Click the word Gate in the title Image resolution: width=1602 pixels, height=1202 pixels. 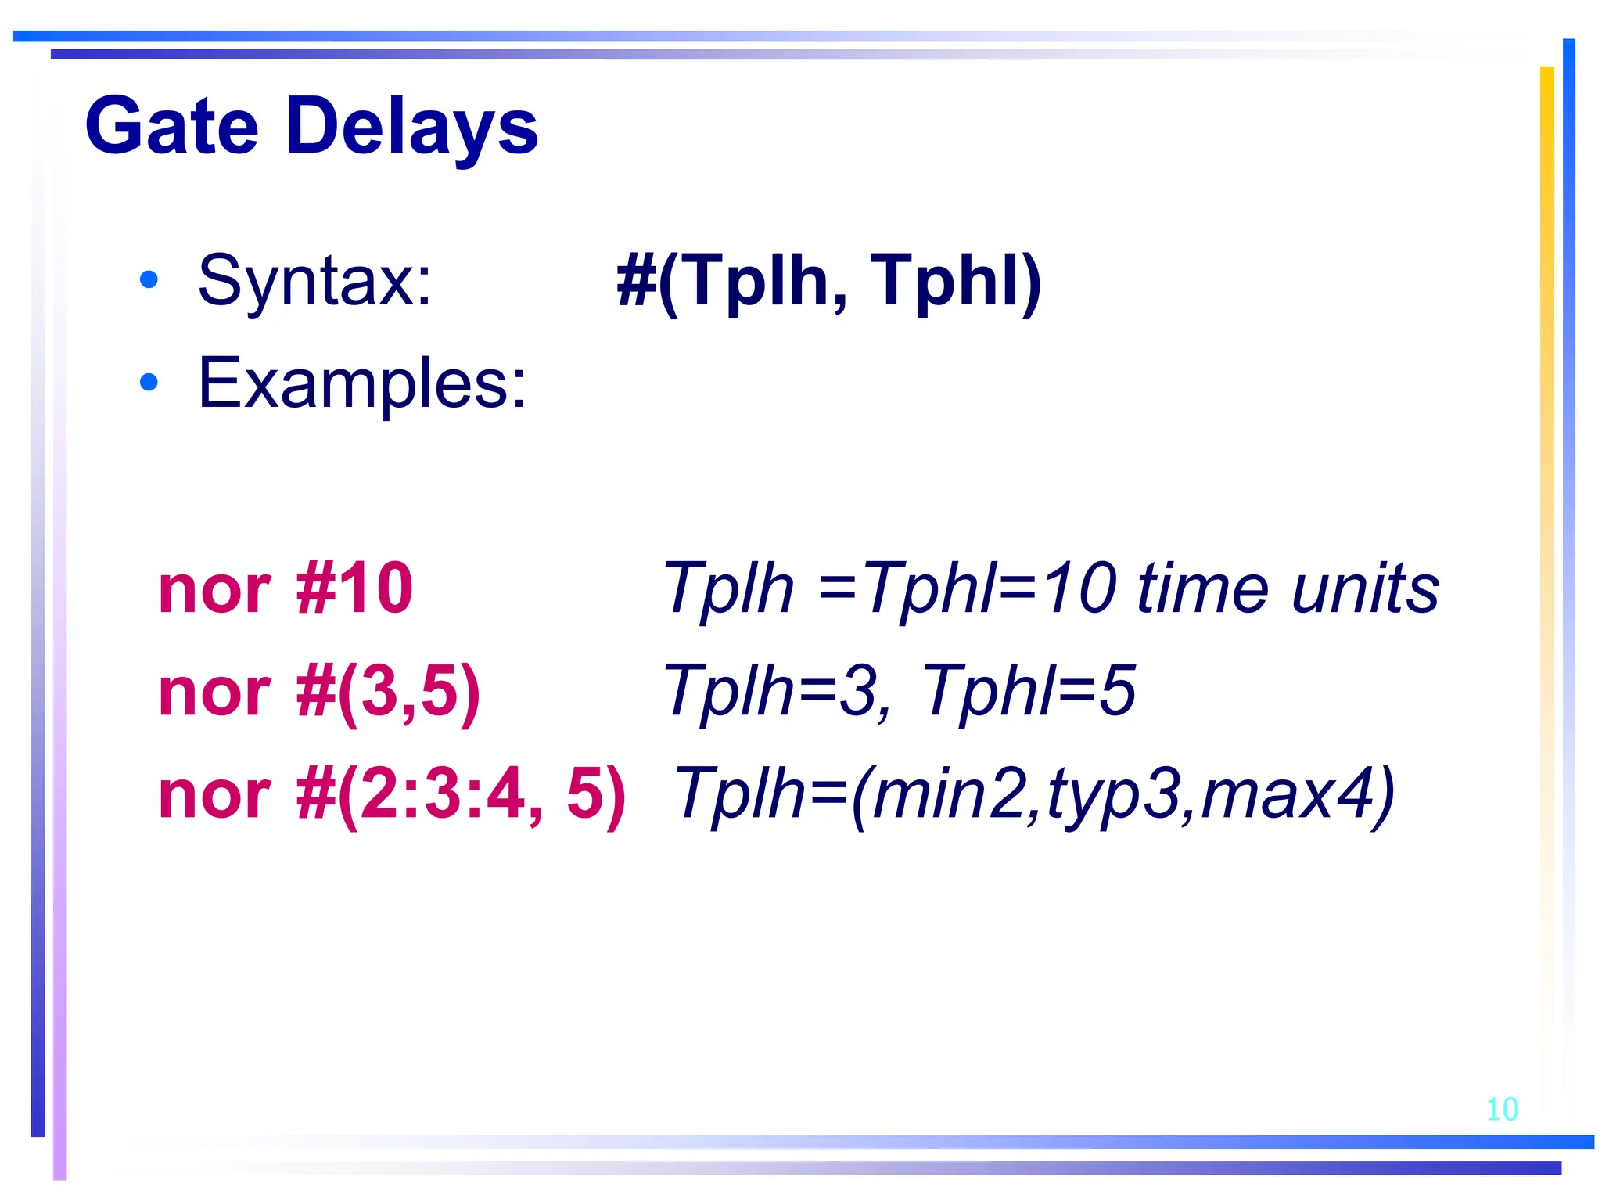[171, 127]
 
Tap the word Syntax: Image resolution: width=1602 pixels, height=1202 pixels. [314, 281]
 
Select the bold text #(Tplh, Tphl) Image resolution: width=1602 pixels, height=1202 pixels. [828, 282]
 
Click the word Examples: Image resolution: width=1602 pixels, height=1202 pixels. [362, 383]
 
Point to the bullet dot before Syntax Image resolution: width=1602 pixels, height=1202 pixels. [148, 280]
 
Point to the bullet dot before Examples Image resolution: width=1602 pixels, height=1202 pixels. [148, 382]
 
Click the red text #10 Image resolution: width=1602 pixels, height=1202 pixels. [354, 588]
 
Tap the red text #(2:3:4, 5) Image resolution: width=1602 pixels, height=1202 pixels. [462, 794]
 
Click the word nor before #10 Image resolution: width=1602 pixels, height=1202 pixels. [214, 590]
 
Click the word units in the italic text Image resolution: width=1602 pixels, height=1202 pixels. [1365, 588]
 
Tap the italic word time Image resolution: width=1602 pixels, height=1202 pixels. [1201, 588]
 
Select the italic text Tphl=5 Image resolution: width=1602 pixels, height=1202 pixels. [1029, 691]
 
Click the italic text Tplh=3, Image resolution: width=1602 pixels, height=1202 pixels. [778, 691]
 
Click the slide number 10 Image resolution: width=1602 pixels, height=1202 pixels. [1501, 1110]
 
